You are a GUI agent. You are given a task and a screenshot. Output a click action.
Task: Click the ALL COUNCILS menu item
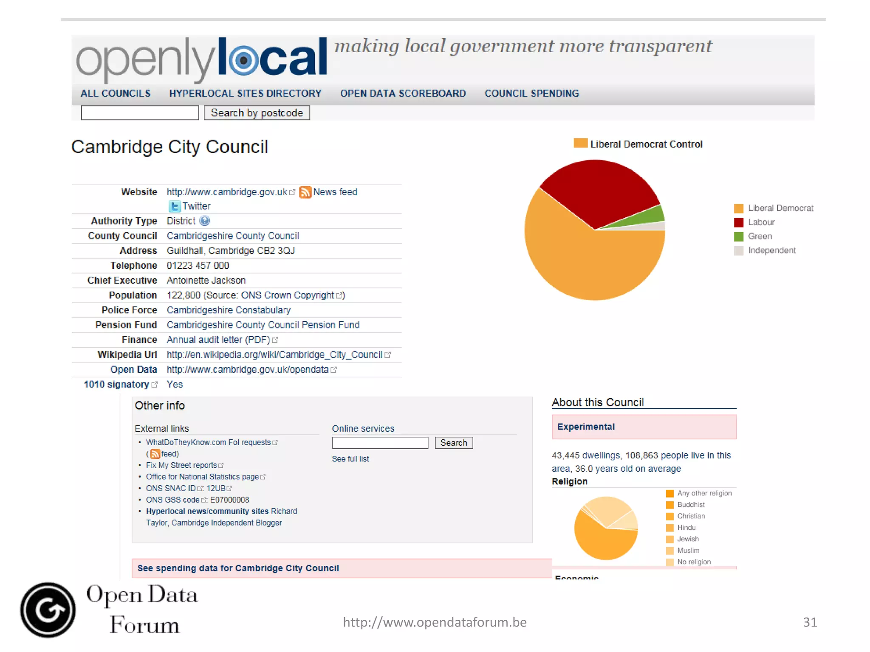(116, 93)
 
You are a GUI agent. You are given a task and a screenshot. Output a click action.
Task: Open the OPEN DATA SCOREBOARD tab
(403, 93)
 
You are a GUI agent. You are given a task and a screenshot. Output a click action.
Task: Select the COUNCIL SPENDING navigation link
(531, 93)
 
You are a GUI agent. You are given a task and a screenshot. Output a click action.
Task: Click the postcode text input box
(140, 113)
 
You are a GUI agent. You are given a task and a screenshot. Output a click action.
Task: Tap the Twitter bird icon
(175, 206)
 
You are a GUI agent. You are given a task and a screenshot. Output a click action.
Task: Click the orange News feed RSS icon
(305, 192)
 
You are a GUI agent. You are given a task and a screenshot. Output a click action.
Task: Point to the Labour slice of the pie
(599, 191)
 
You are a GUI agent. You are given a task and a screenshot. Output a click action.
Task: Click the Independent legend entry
(771, 250)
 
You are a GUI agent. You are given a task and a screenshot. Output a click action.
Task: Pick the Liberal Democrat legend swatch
(739, 208)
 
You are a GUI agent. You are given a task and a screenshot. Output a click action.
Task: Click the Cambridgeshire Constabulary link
(229, 310)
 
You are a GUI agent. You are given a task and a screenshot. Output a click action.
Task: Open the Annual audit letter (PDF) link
(218, 340)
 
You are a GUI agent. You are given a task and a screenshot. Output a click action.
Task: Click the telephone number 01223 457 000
(198, 266)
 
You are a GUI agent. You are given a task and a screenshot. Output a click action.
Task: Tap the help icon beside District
(205, 221)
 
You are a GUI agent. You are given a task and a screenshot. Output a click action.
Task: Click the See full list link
(350, 459)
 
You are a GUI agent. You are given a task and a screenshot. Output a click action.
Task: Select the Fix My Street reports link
(181, 465)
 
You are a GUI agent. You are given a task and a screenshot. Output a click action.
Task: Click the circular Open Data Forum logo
(48, 610)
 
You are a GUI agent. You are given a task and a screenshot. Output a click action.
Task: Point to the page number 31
(810, 622)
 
